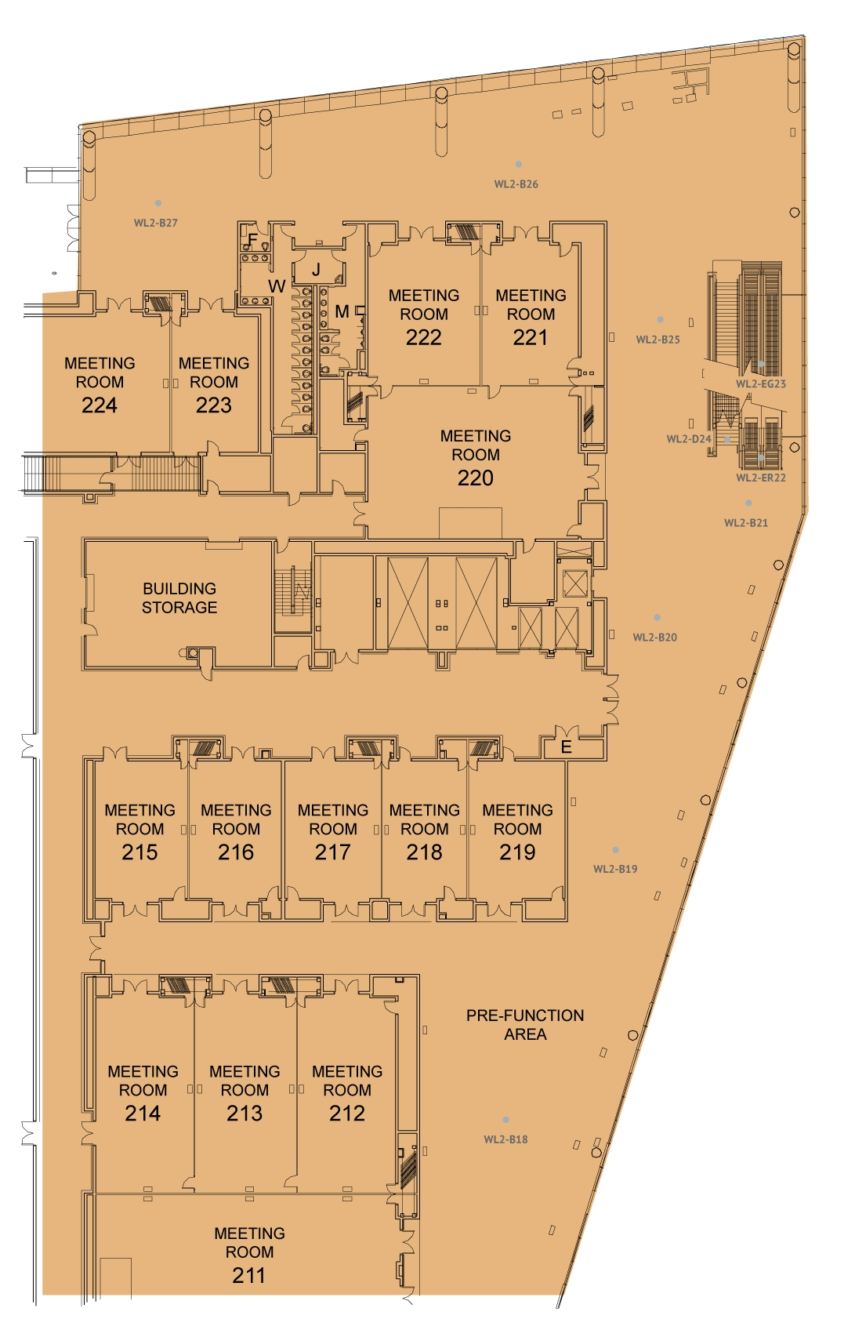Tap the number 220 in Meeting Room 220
[x=476, y=478]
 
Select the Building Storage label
[x=179, y=598]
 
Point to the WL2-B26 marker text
[x=516, y=184]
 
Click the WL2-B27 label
[x=155, y=223]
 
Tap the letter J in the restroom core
[x=316, y=270]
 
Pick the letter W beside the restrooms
[x=277, y=286]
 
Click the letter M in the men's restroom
[x=342, y=311]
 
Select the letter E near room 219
[x=566, y=747]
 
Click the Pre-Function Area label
[x=525, y=1025]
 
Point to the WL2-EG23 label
[x=761, y=384]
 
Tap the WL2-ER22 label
[x=761, y=478]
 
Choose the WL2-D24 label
[x=689, y=438]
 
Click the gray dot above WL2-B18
[x=505, y=1119]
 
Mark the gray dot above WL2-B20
[x=657, y=617]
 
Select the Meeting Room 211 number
[x=248, y=1275]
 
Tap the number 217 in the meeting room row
[x=332, y=852]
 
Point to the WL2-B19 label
[x=615, y=869]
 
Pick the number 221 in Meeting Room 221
[x=531, y=337]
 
